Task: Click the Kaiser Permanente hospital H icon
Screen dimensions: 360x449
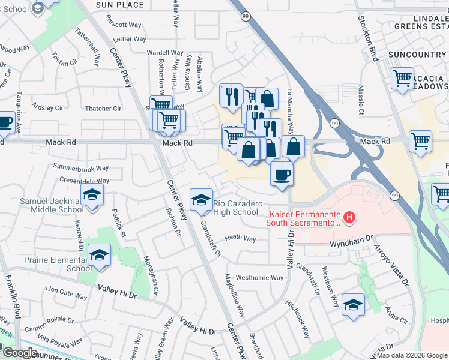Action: tap(348, 216)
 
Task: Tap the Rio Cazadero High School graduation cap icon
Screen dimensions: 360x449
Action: tap(201, 198)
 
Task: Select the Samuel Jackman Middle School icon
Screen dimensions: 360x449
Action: tap(92, 194)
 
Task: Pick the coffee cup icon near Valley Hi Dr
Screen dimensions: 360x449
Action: tap(282, 175)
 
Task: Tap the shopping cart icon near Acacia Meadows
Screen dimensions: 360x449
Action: tap(402, 78)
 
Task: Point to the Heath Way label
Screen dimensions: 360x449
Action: tap(240, 239)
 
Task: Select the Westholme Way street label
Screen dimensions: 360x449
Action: tap(259, 278)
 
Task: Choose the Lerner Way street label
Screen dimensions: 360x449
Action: tap(130, 39)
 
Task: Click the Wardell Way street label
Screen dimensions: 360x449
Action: tap(165, 53)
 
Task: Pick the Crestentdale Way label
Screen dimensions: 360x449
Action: tap(84, 181)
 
